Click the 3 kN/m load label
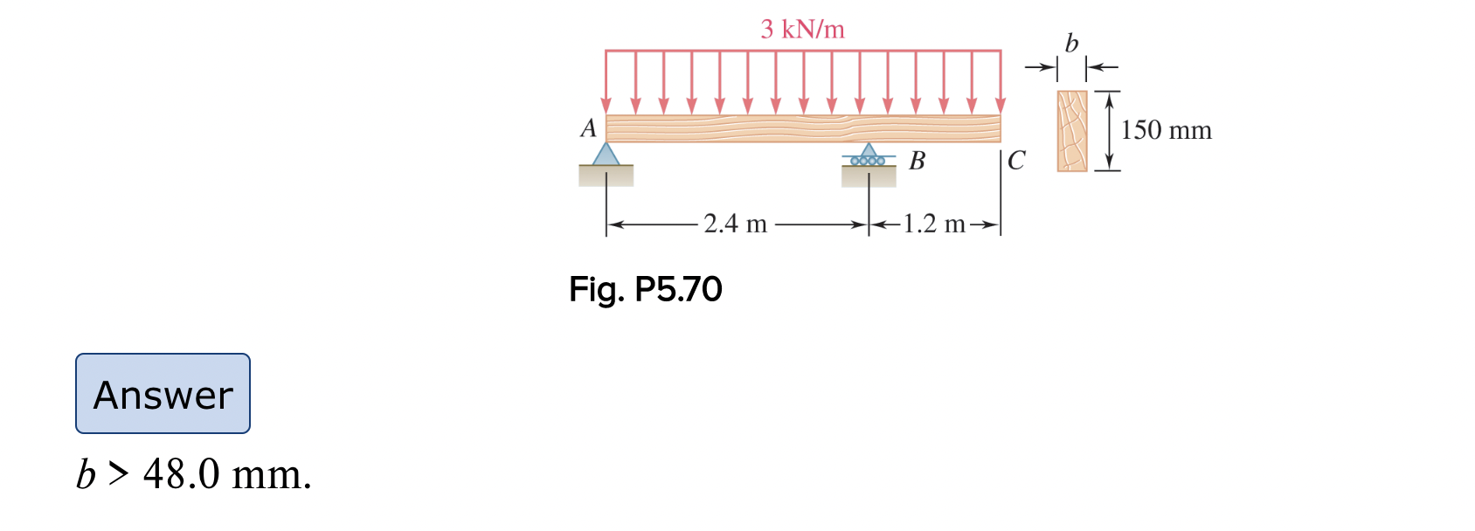click(x=802, y=30)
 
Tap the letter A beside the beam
click(x=589, y=128)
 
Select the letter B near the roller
click(x=917, y=161)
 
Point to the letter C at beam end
click(x=1016, y=161)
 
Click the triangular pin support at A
click(x=606, y=155)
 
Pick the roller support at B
click(x=868, y=156)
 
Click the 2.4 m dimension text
click(x=735, y=224)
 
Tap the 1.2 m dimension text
click(x=933, y=224)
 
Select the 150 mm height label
click(x=1166, y=130)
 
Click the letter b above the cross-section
click(x=1071, y=43)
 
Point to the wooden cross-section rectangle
click(x=1072, y=131)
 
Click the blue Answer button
click(x=163, y=394)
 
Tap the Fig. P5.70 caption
click(x=645, y=289)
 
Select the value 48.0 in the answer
click(x=182, y=474)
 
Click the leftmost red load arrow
click(x=606, y=83)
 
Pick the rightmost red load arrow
click(x=1000, y=83)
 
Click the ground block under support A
click(x=606, y=176)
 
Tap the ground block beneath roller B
click(x=869, y=176)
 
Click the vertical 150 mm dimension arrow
click(x=1109, y=131)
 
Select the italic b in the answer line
click(x=86, y=474)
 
